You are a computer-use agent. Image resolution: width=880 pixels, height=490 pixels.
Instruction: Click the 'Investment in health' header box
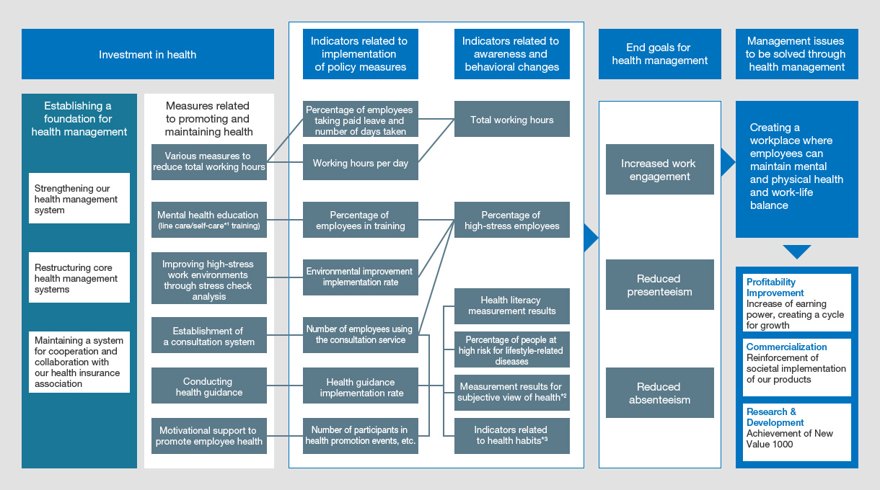147,54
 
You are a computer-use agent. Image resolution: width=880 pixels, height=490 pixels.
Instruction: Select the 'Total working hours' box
512,120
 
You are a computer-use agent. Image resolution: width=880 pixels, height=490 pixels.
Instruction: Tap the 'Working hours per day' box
360,163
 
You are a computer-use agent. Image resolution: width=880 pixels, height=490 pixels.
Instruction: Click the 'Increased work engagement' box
659,169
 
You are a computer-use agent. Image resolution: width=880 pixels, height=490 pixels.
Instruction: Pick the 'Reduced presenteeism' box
659,285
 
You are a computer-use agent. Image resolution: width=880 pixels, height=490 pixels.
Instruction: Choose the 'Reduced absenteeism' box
659,393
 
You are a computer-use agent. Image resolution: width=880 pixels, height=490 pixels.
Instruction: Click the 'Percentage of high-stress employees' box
512,220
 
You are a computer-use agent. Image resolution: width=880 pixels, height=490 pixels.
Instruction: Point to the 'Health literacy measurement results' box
512,306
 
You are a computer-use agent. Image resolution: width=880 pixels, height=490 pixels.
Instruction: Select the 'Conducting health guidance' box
208,386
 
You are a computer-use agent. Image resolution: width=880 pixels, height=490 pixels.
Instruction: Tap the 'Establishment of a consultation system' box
208,336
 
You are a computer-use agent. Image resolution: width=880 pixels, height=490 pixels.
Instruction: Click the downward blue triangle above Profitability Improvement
796,251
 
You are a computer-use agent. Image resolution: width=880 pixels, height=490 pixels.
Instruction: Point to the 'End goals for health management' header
659,54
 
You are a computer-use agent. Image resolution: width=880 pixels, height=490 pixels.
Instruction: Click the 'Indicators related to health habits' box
512,435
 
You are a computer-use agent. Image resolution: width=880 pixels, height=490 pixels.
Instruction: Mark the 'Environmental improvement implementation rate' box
360,277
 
